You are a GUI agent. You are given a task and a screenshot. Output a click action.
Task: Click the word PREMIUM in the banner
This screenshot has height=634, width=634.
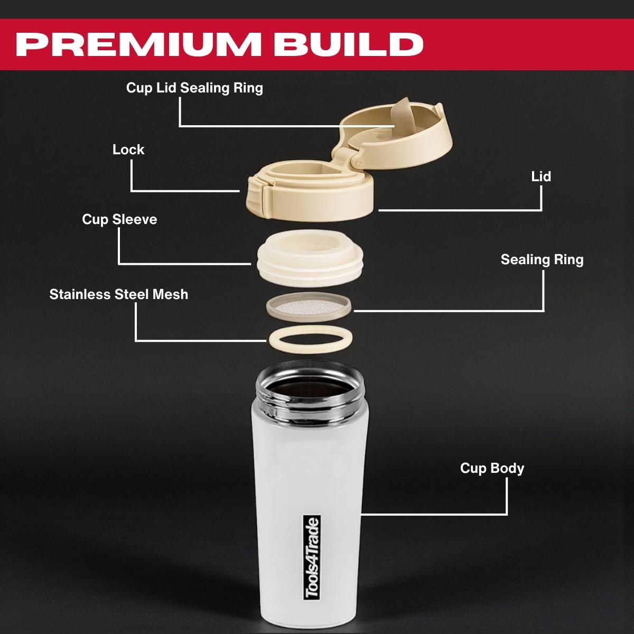pos(139,44)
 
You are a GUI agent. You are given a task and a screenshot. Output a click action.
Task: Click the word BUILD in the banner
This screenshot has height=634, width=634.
pos(349,44)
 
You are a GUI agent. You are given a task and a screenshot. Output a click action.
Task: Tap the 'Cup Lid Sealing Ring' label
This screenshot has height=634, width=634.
pos(194,88)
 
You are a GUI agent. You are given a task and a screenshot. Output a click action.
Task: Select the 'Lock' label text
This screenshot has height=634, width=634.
pos(128,150)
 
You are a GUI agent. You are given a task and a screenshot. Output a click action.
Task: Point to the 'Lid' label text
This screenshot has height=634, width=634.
pos(541,176)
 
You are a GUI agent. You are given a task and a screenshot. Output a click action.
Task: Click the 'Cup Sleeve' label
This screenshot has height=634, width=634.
pos(119,219)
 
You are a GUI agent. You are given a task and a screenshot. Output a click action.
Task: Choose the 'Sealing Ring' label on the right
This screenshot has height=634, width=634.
pos(542,260)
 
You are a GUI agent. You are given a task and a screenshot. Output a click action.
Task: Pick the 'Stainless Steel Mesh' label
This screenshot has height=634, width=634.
pos(119,294)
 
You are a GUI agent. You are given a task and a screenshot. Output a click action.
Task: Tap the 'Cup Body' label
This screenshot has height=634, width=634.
pos(492,469)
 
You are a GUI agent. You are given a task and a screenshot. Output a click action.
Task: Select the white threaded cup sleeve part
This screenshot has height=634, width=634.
pos(309,259)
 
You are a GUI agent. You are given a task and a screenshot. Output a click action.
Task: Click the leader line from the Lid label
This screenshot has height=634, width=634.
pos(460,210)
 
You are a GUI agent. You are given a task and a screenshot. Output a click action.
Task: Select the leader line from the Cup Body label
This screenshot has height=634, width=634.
pos(433,514)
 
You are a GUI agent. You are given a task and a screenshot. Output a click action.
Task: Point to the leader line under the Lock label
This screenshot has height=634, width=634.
pos(185,191)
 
